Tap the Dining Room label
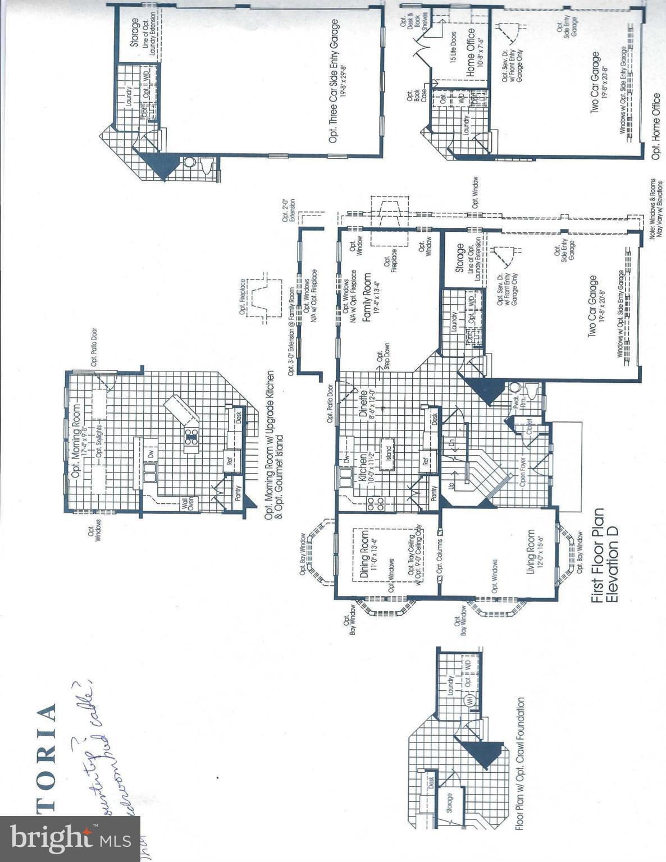point(364,552)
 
